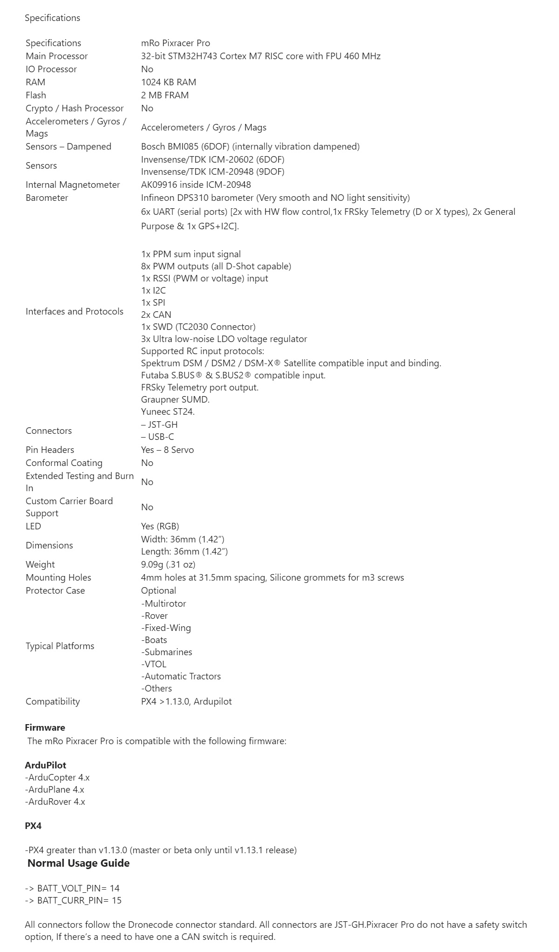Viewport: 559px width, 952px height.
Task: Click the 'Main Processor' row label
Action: (x=56, y=56)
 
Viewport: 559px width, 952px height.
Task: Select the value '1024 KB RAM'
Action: (x=168, y=82)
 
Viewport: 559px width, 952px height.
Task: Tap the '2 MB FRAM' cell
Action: (x=165, y=95)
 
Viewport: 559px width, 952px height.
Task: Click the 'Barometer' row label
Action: (x=47, y=198)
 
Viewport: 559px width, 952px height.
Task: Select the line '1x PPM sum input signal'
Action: (x=191, y=254)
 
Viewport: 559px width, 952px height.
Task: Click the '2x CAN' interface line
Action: (x=156, y=315)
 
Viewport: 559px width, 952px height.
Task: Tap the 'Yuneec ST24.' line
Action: (x=168, y=411)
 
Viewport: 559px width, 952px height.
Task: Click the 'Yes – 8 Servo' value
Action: (x=167, y=450)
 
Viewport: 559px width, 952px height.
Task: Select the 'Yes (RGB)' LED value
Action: (x=160, y=526)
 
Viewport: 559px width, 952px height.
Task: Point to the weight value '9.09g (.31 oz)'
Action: (x=168, y=564)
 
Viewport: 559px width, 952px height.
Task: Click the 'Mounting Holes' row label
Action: (x=58, y=577)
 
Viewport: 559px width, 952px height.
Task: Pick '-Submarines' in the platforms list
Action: (x=166, y=652)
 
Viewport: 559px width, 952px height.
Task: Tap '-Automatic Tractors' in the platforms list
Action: (x=181, y=676)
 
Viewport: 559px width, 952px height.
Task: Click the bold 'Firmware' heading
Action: (x=45, y=727)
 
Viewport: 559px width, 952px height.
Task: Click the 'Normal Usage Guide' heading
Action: (x=78, y=863)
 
